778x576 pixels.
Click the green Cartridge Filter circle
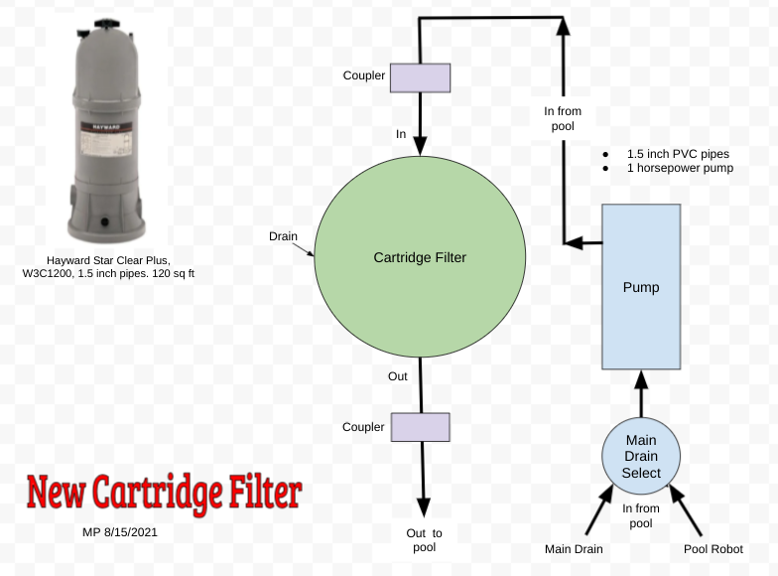[420, 257]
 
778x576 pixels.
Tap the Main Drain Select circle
[641, 456]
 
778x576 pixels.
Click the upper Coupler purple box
[420, 75]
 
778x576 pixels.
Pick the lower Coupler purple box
[420, 427]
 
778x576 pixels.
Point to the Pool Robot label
[713, 549]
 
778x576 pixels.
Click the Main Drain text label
[574, 549]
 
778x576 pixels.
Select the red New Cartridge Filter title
[164, 491]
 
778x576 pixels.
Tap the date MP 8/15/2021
[120, 532]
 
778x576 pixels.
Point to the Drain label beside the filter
[284, 236]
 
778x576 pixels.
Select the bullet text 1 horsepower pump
[680, 169]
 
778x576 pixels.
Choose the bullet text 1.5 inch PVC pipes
[677, 154]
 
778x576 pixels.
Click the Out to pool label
[424, 540]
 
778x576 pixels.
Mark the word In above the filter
[401, 133]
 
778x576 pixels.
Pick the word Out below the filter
[397, 376]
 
